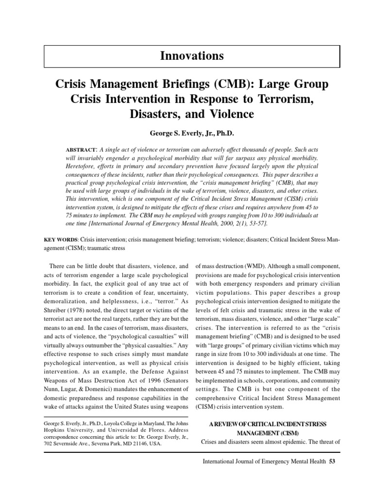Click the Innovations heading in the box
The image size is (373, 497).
[192, 56]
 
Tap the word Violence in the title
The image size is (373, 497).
[229, 115]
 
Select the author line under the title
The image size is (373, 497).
[192, 133]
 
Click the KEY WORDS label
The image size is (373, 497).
[60, 239]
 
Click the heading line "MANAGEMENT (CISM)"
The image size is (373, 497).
[268, 432]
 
